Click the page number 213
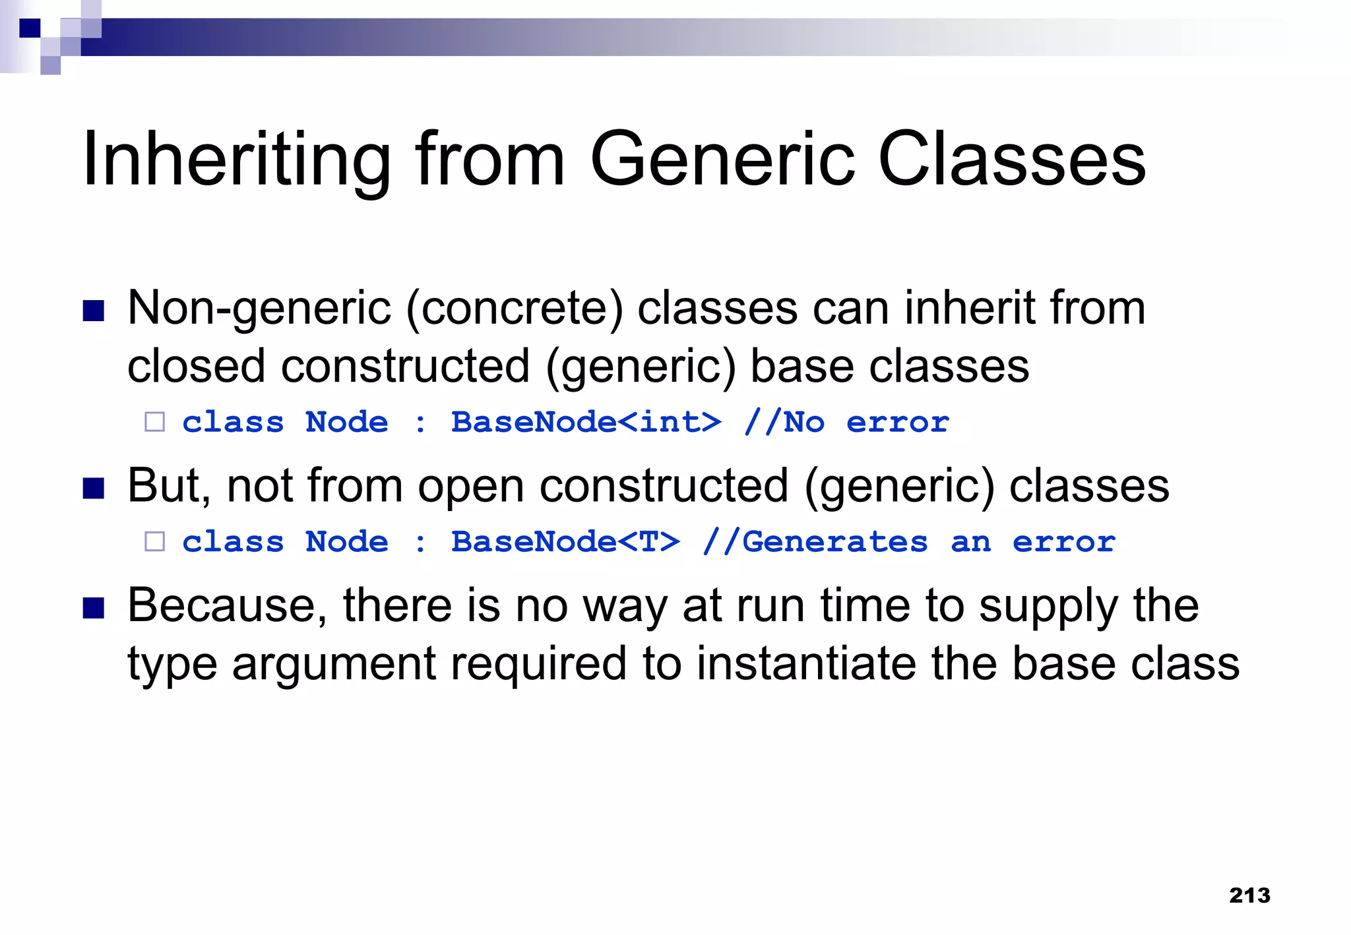1249,895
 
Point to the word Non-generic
259,309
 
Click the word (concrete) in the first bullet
514,309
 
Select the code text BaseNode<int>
586,422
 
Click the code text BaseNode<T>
565,541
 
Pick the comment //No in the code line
784,422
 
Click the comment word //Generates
815,541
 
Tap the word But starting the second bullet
168,486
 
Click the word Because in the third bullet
227,605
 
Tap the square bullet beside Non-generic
94,310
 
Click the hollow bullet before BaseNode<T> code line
154,541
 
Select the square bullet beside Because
94,607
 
